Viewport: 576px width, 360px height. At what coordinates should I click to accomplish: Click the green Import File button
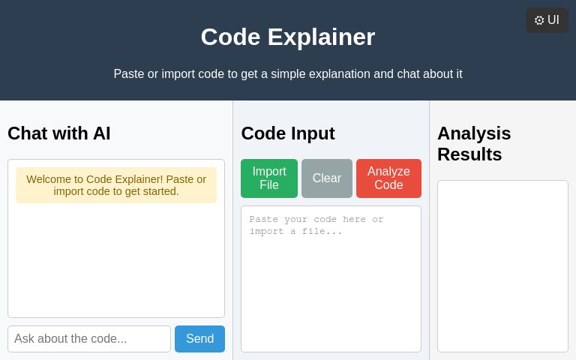coord(268,178)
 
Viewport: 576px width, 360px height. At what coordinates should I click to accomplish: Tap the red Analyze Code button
coord(388,178)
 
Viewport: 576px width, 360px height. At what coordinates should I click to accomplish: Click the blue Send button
coord(199,339)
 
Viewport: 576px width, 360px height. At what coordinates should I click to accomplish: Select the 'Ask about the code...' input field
coord(89,339)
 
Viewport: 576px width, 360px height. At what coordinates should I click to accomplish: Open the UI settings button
coord(547,20)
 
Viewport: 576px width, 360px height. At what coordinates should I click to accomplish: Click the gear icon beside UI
coord(539,20)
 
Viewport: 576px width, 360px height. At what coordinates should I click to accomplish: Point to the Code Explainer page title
coord(288,37)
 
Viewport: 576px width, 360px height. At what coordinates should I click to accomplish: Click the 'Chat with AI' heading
coord(59,133)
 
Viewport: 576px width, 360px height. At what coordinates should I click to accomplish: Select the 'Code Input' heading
coord(288,133)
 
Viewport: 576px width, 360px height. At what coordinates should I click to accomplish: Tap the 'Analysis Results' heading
coord(474,143)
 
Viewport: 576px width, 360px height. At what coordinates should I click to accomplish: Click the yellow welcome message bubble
coord(116,185)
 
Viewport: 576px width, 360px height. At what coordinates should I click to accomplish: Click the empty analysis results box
coord(502,266)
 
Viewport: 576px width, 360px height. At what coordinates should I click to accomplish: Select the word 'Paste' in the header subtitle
coord(129,74)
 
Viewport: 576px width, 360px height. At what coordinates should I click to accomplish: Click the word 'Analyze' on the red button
coord(388,171)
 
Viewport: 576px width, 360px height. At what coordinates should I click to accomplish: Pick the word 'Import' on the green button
coord(268,171)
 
